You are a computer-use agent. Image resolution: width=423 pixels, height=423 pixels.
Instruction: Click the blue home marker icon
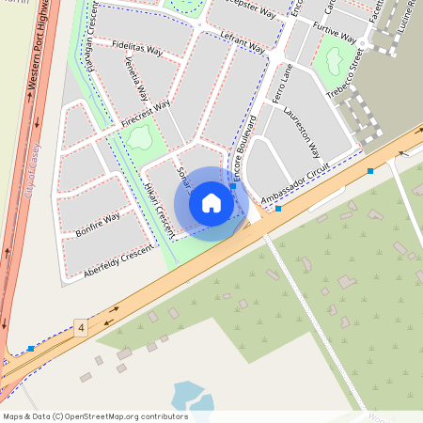(x=211, y=203)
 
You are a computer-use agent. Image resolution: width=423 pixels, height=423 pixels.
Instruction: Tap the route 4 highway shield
(x=82, y=328)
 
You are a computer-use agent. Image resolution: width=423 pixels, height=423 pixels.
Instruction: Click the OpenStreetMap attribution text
(x=95, y=416)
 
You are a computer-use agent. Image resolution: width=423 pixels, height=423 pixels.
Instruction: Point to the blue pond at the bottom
(x=187, y=396)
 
